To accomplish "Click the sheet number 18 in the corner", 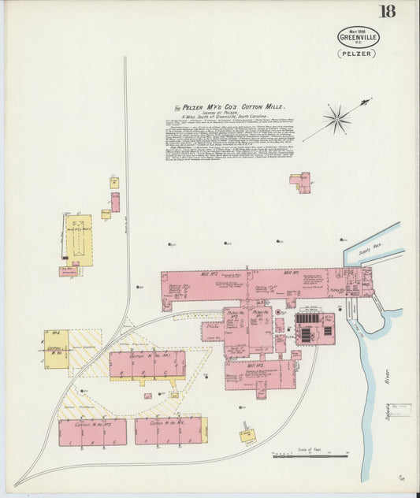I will point(387,11).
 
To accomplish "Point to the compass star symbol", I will point(337,119).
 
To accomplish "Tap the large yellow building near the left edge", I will point(78,240).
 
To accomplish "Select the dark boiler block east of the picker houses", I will point(314,329).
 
